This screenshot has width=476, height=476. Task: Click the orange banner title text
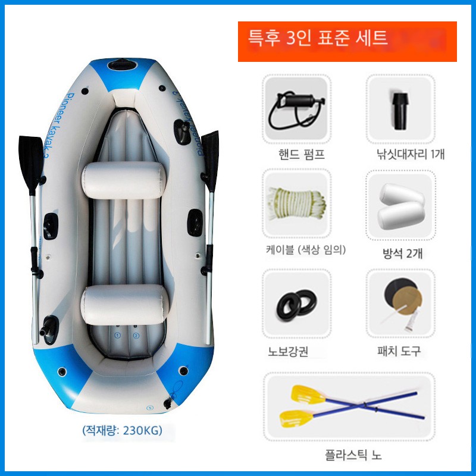318,38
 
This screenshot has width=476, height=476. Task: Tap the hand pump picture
297,109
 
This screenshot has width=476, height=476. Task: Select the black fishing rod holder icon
400,111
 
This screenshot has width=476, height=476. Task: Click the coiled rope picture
296,203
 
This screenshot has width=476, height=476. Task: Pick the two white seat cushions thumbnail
400,206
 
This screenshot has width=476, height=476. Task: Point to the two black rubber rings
296,305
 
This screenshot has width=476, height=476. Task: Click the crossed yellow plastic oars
352,406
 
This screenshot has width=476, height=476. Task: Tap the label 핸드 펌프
302,154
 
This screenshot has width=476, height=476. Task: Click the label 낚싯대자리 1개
411,154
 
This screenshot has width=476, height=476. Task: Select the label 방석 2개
402,253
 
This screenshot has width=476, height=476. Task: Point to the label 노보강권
288,352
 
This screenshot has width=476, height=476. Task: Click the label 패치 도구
399,351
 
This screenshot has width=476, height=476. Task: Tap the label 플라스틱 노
353,455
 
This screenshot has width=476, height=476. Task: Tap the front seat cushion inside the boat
124,180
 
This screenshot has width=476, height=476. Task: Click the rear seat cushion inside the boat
126,305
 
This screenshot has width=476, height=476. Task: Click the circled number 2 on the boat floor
136,336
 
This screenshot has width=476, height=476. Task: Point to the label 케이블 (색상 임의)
306,249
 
